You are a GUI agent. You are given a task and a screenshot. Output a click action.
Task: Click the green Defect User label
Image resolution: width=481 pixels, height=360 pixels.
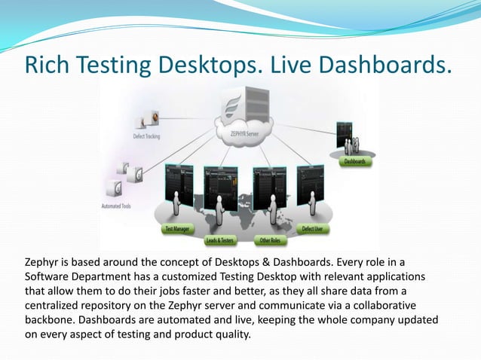click(x=314, y=227)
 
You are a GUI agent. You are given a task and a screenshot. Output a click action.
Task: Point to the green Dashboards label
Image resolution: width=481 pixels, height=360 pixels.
click(x=356, y=162)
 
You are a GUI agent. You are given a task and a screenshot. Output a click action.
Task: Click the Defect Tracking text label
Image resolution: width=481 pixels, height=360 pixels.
click(x=152, y=136)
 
